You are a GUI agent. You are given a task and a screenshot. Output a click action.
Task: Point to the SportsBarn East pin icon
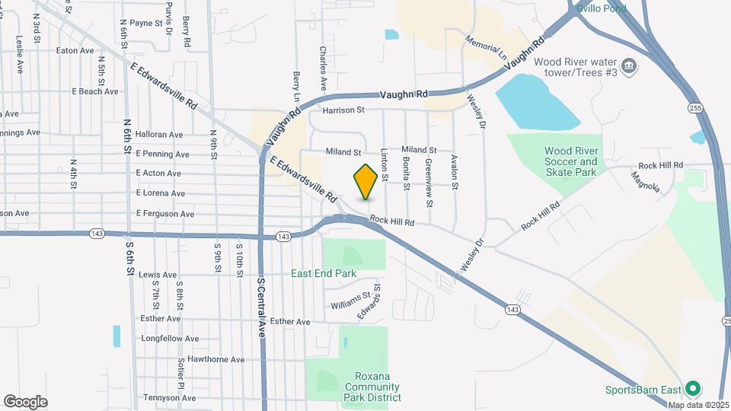(692, 389)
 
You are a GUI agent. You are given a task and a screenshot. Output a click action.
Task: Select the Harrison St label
(343, 110)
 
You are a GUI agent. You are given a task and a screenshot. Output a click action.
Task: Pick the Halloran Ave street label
(159, 135)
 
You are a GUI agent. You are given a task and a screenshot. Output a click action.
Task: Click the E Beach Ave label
(95, 91)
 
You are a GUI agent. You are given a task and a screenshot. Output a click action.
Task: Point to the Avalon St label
(455, 172)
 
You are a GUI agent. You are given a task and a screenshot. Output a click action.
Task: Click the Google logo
(25, 401)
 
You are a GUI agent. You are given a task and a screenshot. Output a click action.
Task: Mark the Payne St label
(146, 24)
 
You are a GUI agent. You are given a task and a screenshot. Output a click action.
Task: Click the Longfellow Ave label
(170, 339)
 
